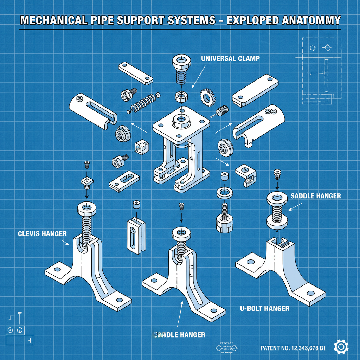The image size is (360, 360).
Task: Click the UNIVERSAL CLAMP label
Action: click(230, 59)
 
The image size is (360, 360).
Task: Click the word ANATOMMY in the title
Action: click(311, 20)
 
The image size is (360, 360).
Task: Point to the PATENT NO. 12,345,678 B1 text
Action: click(293, 348)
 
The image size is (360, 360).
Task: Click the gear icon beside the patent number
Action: click(340, 347)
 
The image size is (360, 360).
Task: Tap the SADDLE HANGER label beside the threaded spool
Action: click(316, 196)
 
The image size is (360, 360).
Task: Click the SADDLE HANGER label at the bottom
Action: click(180, 335)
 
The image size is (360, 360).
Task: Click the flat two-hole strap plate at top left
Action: click(135, 73)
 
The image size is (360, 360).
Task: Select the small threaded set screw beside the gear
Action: click(222, 111)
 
